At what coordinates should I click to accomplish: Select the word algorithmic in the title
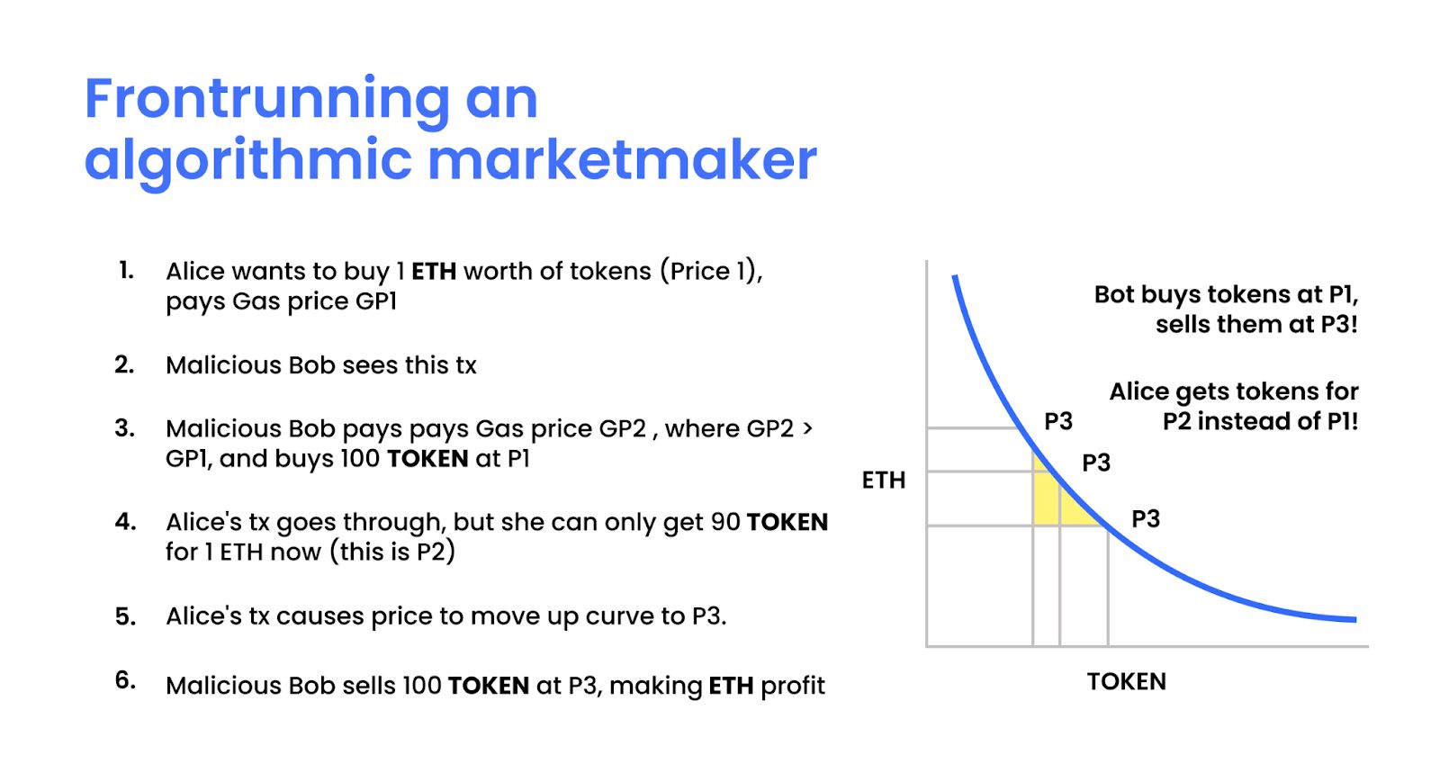pos(247,162)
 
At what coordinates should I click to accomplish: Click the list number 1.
pos(127,271)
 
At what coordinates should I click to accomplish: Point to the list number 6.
pos(125,679)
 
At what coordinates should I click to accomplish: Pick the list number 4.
pos(125,522)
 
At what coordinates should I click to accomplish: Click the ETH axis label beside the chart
pos(883,480)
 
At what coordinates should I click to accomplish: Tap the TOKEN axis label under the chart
pos(1126,682)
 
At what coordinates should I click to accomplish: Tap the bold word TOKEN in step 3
pos(427,459)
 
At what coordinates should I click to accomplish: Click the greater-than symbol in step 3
pos(807,428)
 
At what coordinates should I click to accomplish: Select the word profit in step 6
pos(793,687)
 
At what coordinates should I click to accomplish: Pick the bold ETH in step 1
pos(434,271)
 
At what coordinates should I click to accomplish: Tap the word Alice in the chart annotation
pos(1139,391)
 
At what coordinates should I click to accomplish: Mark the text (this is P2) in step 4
pos(392,552)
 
